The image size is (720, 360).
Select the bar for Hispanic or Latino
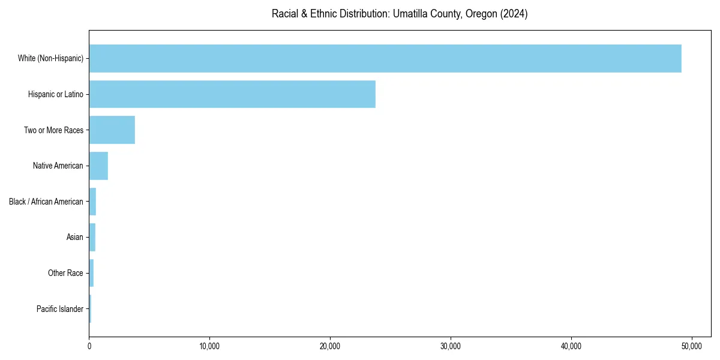232,94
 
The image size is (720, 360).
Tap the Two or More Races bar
112,130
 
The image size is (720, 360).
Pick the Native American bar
98,166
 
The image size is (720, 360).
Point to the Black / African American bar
92,202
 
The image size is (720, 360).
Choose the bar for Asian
92,238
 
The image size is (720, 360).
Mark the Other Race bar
91,273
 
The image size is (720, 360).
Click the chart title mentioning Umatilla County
400,14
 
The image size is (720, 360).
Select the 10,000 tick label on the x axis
209,346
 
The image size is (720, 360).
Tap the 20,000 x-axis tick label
330,346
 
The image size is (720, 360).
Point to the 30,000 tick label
451,346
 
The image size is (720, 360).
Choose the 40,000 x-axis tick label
571,346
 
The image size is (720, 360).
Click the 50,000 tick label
692,346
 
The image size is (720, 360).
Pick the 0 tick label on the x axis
89,346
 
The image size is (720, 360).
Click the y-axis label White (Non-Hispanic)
50,58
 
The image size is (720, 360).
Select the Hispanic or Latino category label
56,94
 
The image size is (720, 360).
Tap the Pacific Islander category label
60,309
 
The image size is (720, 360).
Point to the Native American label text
58,166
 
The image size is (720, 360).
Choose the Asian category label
75,238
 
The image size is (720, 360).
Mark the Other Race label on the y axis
65,273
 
